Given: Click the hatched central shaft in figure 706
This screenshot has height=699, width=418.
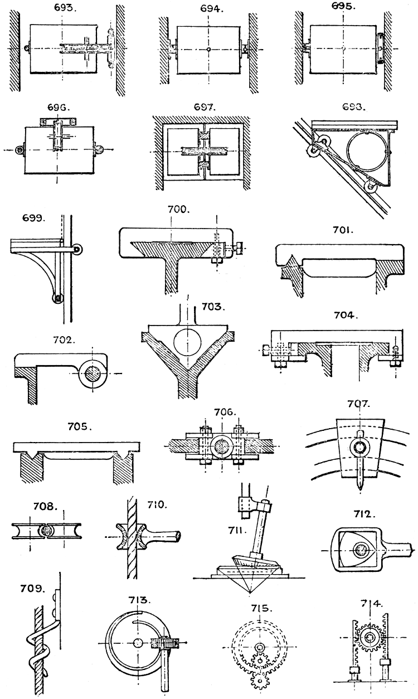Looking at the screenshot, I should [222, 446].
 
